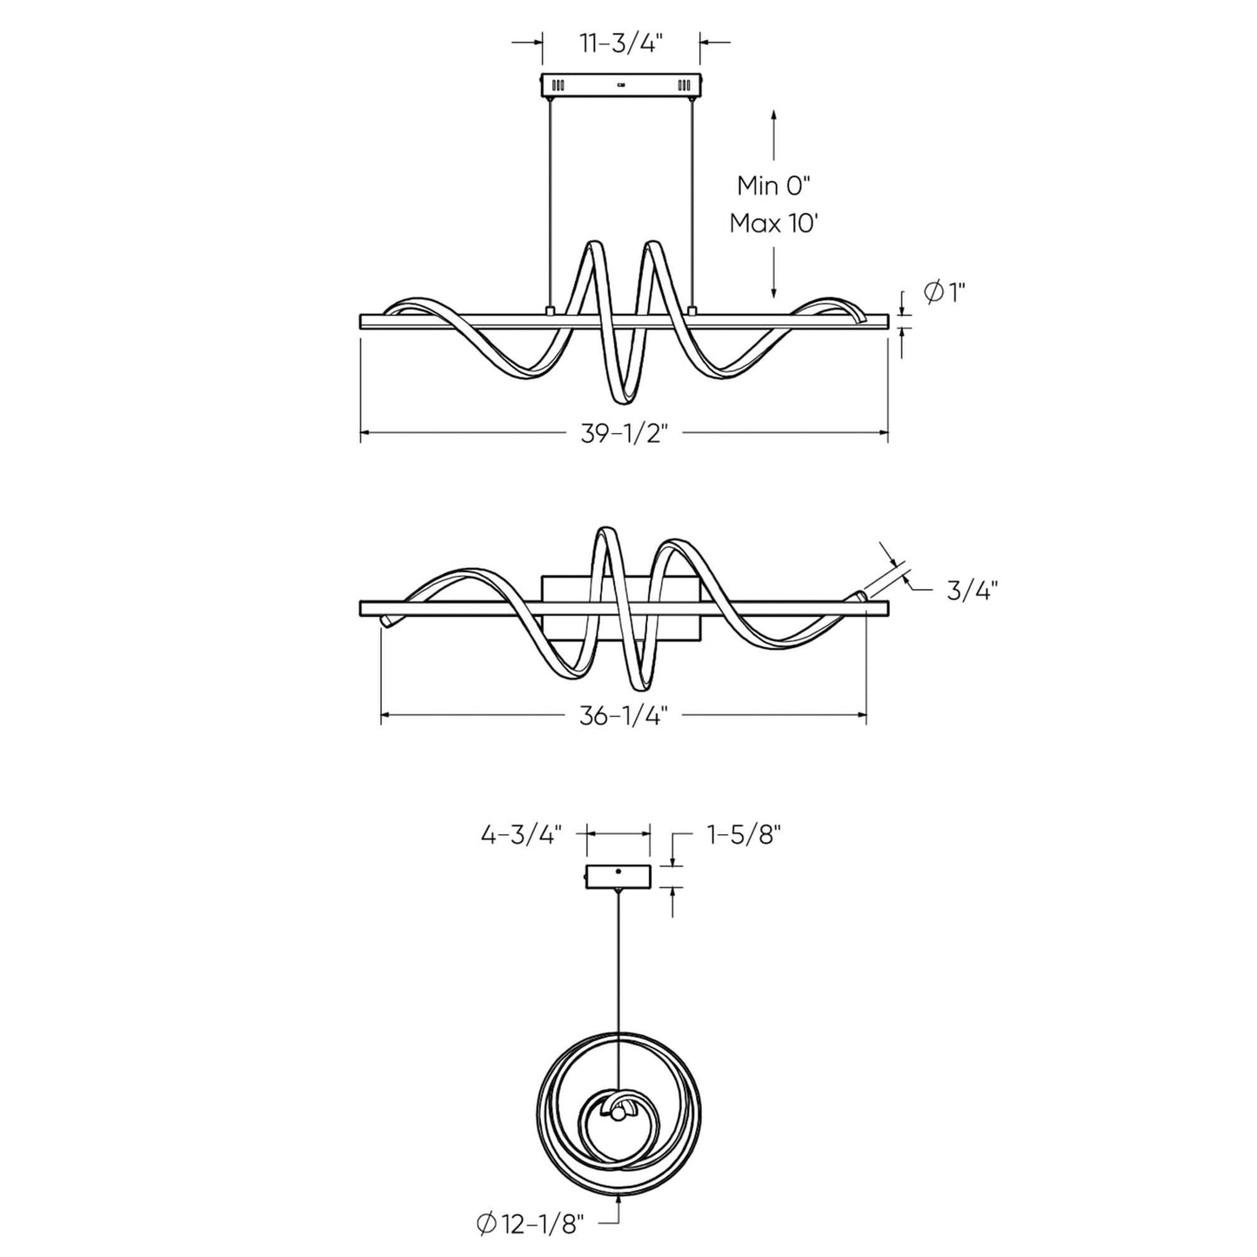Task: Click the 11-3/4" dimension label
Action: pos(621,43)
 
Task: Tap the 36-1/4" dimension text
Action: pos(623,715)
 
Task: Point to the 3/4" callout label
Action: pos(971,591)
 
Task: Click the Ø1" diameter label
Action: pos(944,293)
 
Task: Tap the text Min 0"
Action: pos(774,185)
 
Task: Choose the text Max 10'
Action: pos(774,223)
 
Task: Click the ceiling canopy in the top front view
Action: pos(620,85)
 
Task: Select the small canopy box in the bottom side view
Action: pos(618,876)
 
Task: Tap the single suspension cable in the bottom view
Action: pos(618,983)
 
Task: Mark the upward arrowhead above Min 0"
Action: pos(774,117)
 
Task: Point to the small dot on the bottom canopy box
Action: pos(618,871)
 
